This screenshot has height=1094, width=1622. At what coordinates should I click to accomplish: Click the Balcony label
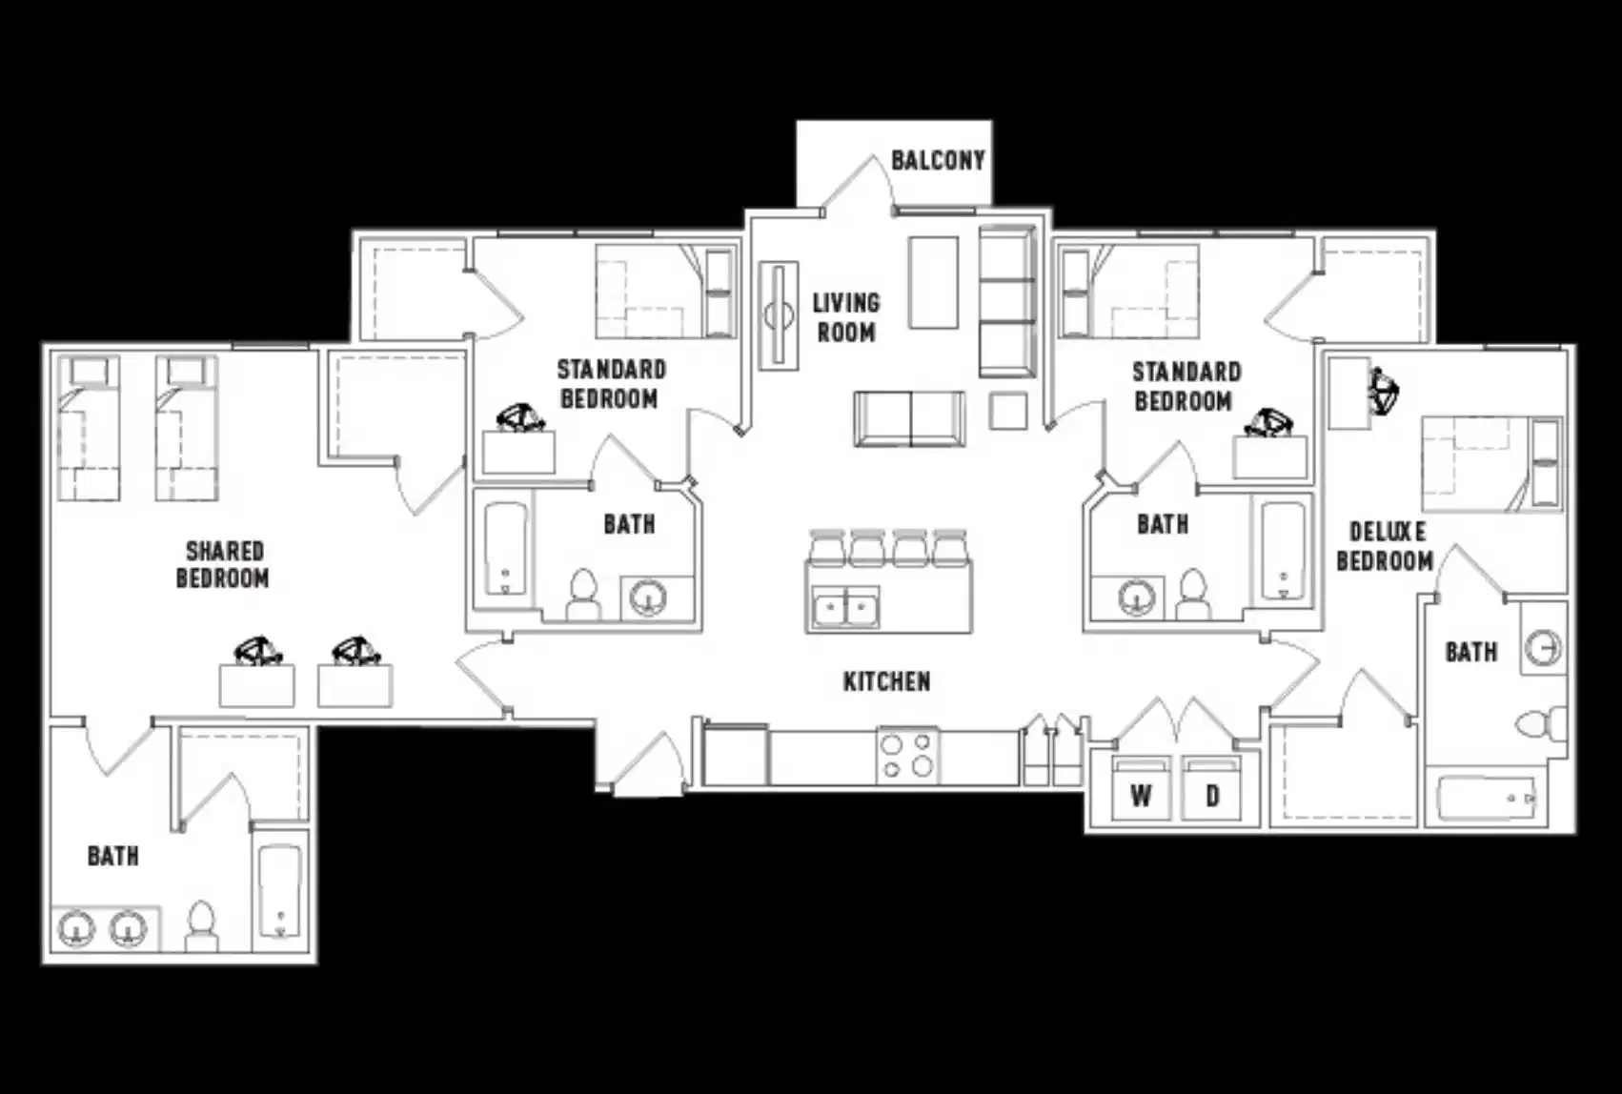click(937, 160)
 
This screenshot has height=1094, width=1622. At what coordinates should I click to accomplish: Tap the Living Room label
click(845, 317)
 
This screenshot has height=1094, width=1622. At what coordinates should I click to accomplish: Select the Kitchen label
click(886, 681)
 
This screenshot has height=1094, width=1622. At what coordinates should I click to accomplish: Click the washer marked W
click(1141, 791)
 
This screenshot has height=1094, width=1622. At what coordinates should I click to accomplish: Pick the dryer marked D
click(1211, 791)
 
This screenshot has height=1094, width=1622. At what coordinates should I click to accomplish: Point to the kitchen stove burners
click(907, 755)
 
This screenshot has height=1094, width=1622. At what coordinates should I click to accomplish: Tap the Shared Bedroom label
click(224, 564)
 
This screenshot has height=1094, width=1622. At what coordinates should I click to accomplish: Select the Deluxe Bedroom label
click(1386, 546)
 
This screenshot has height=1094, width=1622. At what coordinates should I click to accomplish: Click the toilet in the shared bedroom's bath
click(201, 926)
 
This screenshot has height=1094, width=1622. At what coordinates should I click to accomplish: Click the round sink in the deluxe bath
click(1542, 648)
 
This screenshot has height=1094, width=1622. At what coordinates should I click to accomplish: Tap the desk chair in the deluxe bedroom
click(1383, 390)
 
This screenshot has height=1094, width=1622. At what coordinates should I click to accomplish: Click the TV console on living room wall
click(779, 315)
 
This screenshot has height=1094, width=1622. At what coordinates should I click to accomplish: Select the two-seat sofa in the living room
click(910, 417)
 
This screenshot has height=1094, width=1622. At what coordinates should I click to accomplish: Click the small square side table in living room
click(1007, 411)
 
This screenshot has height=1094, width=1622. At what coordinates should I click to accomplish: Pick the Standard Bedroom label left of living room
click(610, 383)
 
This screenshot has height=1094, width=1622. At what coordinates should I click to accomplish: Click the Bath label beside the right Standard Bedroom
click(1162, 524)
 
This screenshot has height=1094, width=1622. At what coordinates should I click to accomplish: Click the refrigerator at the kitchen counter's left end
click(735, 755)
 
